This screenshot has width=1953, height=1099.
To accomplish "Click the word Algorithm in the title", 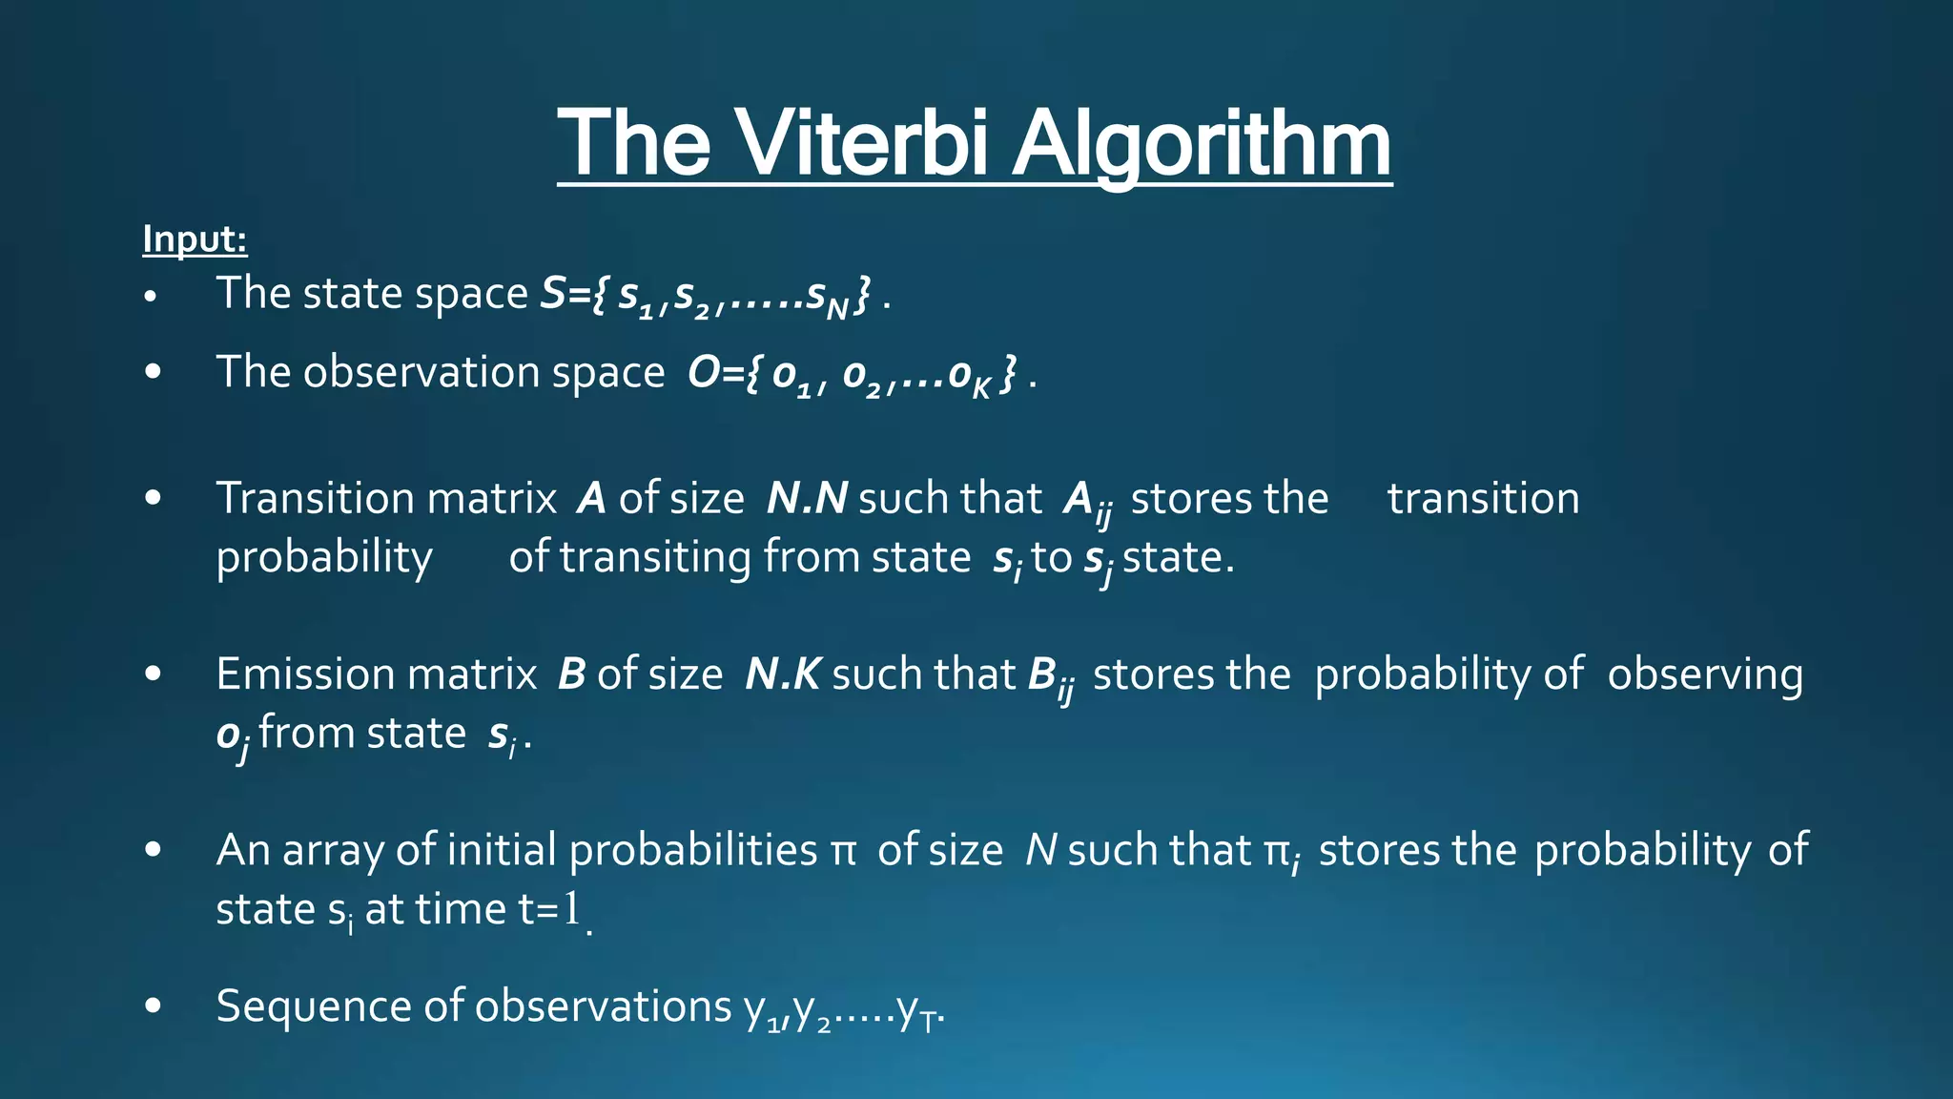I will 1201,145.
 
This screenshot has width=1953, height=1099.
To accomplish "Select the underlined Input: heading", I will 195,238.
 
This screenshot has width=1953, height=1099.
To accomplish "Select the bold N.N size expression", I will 807,499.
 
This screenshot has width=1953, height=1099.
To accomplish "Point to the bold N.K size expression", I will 782,674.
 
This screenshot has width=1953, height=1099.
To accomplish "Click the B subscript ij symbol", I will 1051,678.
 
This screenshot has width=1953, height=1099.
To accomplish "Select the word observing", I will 1705,674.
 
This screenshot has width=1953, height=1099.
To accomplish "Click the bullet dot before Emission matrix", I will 153,674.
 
